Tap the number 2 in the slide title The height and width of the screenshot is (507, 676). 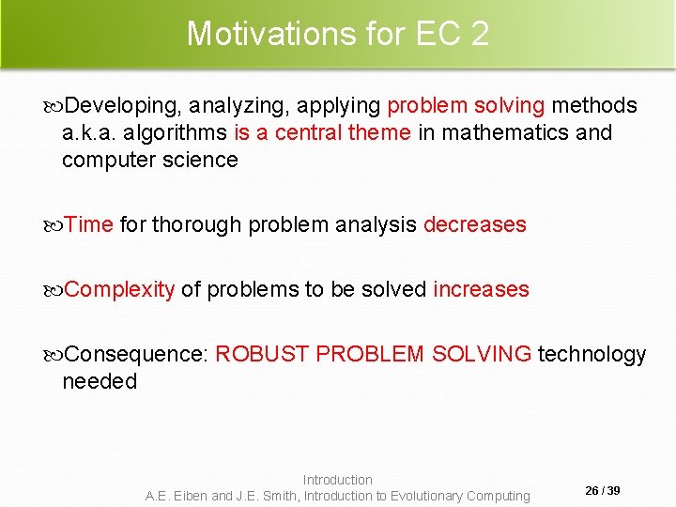479,34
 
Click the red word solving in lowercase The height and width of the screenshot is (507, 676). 512,106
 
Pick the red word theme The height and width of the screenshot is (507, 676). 379,133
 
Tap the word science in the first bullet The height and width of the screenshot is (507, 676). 199,160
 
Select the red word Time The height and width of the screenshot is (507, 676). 90,225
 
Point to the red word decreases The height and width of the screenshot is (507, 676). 475,225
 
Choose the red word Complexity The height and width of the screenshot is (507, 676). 120,290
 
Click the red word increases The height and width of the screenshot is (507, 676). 481,290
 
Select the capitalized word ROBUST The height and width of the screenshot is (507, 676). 262,355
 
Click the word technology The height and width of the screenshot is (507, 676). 591,355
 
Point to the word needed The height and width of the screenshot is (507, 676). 100,381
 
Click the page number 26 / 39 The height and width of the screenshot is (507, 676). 603,491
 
